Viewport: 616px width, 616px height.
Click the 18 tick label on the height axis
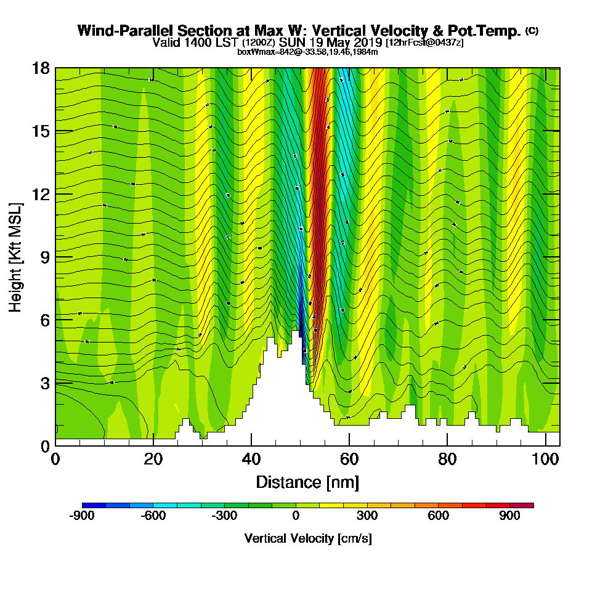coord(41,68)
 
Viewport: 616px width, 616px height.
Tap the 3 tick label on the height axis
coord(44,383)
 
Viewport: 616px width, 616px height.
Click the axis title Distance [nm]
coord(307,482)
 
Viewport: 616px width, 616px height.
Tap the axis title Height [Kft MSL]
coord(15,256)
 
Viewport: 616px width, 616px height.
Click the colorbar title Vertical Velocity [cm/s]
coord(307,538)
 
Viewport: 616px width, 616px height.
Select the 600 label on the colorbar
coord(439,517)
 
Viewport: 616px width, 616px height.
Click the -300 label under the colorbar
coord(224,517)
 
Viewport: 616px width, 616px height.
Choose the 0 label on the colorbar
coord(296,517)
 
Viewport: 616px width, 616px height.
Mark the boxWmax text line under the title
coord(307,52)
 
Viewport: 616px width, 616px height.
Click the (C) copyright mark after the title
coord(532,30)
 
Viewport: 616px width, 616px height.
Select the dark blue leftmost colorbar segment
coord(94,505)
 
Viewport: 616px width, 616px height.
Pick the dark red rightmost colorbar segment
coord(522,505)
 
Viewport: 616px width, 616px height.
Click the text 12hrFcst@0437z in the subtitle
coord(425,43)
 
